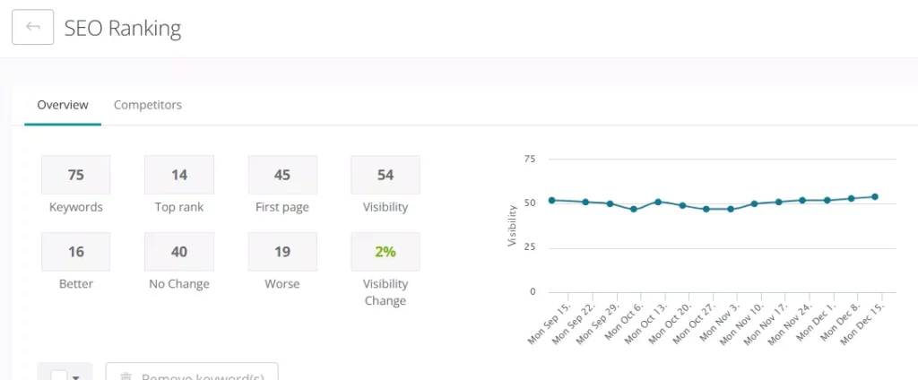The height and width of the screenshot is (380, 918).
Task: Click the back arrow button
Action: [x=33, y=27]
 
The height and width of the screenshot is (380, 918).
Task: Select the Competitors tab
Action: [x=147, y=105]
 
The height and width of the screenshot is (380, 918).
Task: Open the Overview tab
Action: [x=63, y=105]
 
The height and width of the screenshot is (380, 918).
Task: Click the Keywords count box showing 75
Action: [x=76, y=175]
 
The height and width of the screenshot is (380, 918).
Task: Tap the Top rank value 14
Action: [x=179, y=175]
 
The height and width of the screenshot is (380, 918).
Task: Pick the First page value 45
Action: [x=282, y=175]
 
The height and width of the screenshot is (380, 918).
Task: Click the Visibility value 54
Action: [x=385, y=175]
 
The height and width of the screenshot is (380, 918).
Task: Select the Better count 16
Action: [x=76, y=252]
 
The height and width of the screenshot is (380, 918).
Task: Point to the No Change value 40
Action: [x=179, y=252]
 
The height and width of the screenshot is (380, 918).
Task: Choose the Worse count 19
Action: [x=282, y=252]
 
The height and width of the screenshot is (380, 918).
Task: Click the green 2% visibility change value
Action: [x=385, y=252]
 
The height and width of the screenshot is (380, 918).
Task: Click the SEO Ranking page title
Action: [x=123, y=28]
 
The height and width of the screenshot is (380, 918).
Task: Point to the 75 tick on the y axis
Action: [x=529, y=159]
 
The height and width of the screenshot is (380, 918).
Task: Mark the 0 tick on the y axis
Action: [x=533, y=291]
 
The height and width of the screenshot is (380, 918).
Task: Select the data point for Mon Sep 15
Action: [x=551, y=200]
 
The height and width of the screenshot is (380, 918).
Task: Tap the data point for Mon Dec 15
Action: [x=875, y=196]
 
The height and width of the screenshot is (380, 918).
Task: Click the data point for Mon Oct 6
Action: [x=634, y=209]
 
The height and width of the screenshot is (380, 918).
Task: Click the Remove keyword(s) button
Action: [x=192, y=374]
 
